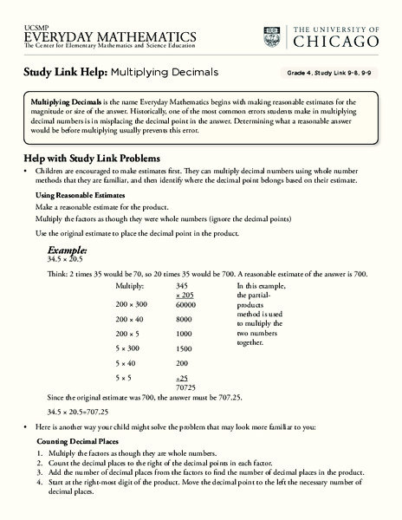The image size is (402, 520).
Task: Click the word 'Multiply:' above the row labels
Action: click(131, 284)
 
